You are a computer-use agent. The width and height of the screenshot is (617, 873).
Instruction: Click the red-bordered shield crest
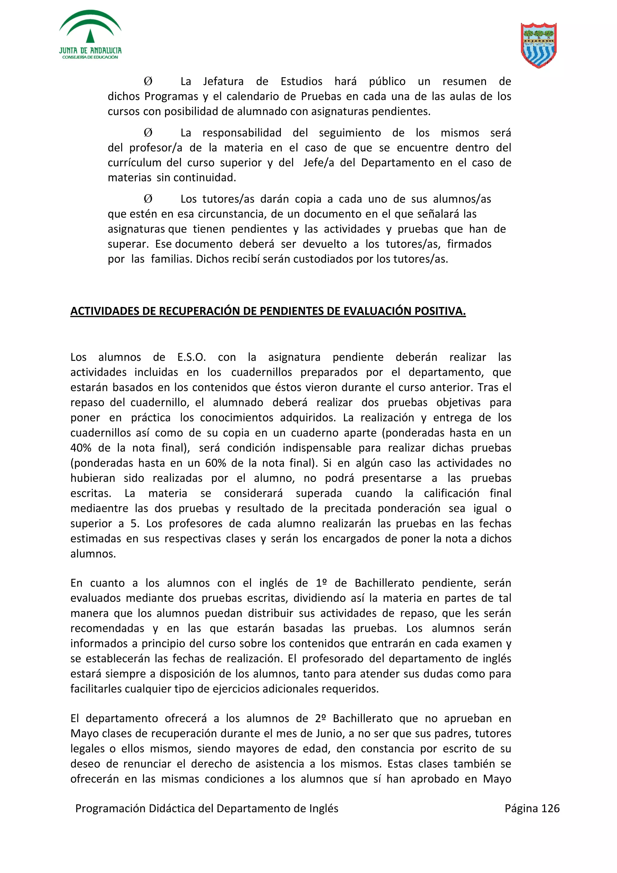click(538, 45)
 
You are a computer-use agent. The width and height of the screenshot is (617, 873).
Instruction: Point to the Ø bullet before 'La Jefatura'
click(148, 81)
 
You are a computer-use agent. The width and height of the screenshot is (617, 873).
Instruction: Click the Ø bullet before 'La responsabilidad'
click(148, 133)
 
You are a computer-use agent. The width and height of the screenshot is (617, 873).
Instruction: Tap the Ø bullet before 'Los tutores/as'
click(148, 199)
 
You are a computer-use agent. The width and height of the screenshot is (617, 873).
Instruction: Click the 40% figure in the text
click(81, 448)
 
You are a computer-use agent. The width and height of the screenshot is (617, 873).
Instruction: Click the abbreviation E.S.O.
click(191, 357)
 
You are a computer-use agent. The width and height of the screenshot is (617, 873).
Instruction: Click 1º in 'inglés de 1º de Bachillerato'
click(321, 583)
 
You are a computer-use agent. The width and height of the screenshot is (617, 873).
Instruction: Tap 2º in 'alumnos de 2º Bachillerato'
click(321, 719)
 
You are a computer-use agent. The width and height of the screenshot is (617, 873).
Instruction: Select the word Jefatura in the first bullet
click(223, 81)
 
